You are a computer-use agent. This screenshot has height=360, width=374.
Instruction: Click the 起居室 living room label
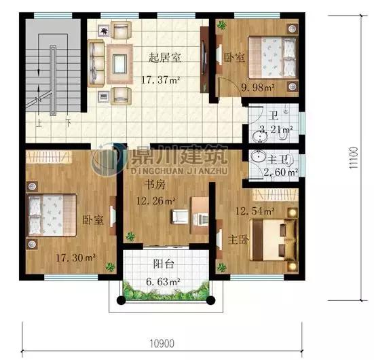[165, 58]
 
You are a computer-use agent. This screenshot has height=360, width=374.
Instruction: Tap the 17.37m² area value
[160, 79]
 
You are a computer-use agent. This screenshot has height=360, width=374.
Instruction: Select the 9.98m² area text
[258, 88]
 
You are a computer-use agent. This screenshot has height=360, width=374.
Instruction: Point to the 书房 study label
[155, 185]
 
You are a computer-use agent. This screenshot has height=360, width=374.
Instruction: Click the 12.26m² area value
[155, 201]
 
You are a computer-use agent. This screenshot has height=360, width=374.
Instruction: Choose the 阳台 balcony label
[164, 264]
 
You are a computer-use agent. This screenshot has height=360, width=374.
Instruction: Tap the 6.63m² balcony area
[163, 282]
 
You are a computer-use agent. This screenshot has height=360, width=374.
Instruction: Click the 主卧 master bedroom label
[238, 240]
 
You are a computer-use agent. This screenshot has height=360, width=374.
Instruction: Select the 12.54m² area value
[255, 211]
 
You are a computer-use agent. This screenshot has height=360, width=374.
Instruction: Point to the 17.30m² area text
[76, 257]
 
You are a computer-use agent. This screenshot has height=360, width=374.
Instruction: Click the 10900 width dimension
[162, 344]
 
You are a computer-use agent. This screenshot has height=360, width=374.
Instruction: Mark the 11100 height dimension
[354, 158]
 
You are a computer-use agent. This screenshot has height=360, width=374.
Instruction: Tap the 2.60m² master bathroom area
[281, 172]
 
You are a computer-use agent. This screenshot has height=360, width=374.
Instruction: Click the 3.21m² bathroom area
[276, 130]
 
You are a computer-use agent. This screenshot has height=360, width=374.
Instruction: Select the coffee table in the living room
[119, 64]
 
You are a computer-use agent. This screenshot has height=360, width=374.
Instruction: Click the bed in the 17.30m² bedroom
[52, 215]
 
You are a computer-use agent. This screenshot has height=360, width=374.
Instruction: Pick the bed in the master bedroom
[274, 240]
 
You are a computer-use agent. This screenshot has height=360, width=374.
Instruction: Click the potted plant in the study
[130, 236]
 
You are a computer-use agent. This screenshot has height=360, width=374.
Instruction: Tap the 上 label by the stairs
[39, 123]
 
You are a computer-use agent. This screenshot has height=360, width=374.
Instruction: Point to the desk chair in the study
[181, 217]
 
